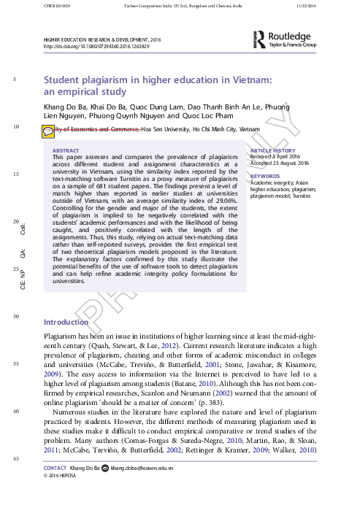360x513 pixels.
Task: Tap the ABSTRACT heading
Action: click(69, 150)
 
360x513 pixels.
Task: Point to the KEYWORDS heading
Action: click(265, 176)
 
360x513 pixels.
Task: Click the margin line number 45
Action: click(15, 458)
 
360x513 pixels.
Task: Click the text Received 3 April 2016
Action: click(275, 157)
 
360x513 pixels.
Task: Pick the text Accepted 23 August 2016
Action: click(280, 163)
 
